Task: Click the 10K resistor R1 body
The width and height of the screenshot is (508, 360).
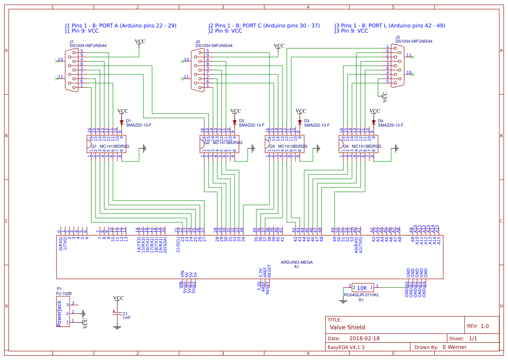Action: [362, 287]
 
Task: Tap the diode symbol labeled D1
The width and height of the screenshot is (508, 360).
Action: [122, 122]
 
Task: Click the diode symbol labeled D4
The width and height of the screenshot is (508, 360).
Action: [373, 122]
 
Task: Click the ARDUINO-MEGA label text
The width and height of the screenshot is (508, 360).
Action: [297, 263]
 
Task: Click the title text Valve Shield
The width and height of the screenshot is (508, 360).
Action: [347, 327]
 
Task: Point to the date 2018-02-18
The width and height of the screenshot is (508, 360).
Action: [365, 338]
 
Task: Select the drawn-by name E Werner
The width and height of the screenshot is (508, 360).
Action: [455, 347]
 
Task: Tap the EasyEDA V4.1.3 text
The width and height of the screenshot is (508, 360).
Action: [346, 347]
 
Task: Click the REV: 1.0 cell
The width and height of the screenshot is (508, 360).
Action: [478, 326]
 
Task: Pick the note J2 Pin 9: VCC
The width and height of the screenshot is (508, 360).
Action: [225, 31]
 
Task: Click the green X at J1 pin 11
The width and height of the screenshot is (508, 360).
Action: [56, 79]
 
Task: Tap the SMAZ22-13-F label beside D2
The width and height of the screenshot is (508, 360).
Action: [252, 125]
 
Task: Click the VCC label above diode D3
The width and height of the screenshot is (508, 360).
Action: [300, 111]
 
